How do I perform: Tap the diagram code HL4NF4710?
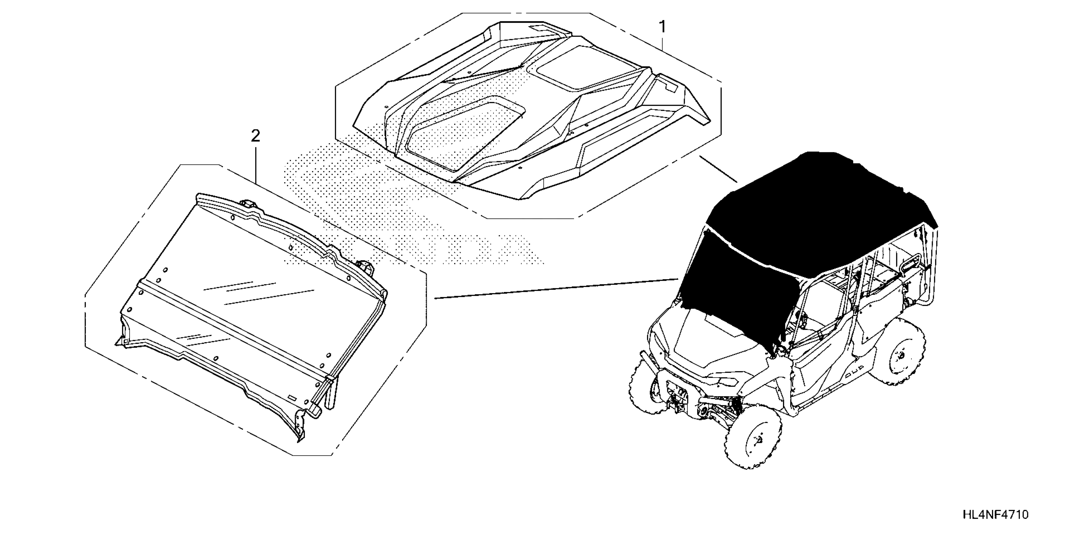(x=995, y=514)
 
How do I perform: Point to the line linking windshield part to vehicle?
(x=557, y=289)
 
